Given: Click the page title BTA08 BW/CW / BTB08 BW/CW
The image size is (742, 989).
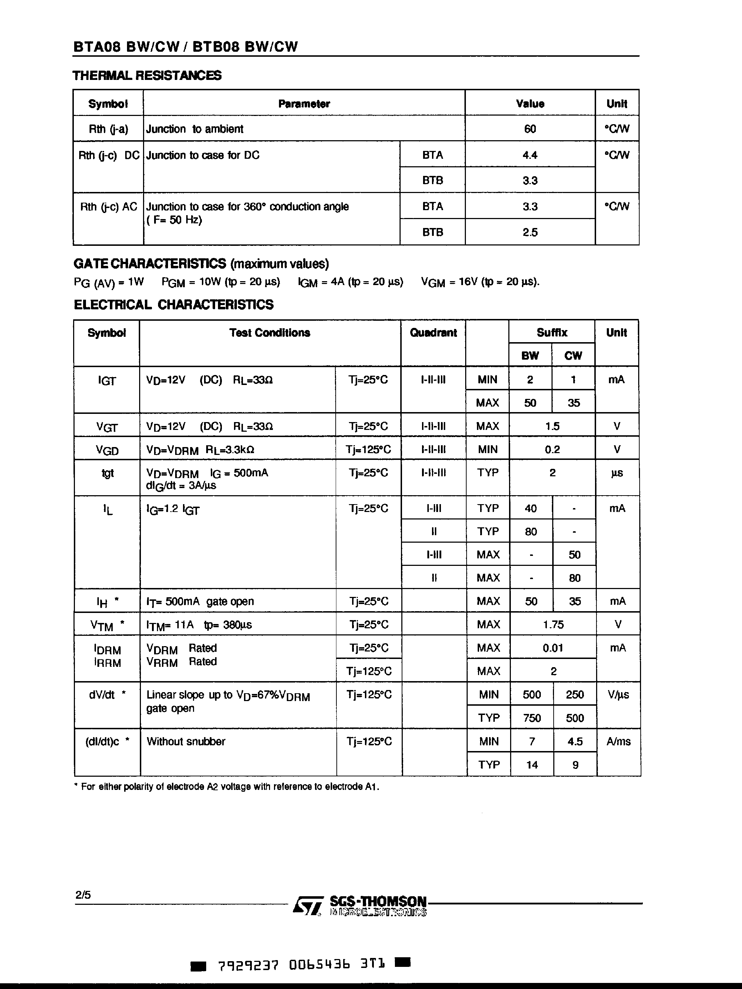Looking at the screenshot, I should point(185,46).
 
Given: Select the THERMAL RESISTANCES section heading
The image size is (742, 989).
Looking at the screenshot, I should point(147,75).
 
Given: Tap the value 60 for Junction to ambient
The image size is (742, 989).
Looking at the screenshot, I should point(530,129).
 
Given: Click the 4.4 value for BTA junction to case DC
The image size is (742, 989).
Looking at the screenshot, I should point(530,155).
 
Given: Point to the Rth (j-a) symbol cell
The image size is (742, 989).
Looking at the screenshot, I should point(108,129).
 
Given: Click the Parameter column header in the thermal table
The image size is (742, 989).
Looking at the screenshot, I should point(304,104).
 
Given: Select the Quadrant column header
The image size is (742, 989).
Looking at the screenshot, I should point(433,333).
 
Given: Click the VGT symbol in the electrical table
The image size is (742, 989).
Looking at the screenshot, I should point(107,427).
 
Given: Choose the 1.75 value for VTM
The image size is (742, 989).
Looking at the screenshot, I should point(553,625).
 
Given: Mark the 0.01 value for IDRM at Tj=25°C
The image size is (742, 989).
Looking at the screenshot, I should point(553,648).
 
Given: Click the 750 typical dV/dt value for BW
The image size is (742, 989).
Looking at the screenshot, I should point(532,718).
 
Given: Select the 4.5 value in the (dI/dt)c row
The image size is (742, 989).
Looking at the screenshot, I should point(575,742).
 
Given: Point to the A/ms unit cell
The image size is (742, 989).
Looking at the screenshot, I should point(618,742).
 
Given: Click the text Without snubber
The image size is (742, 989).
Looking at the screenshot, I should point(186,742).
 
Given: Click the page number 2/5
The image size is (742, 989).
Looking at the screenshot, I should point(83,895).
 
